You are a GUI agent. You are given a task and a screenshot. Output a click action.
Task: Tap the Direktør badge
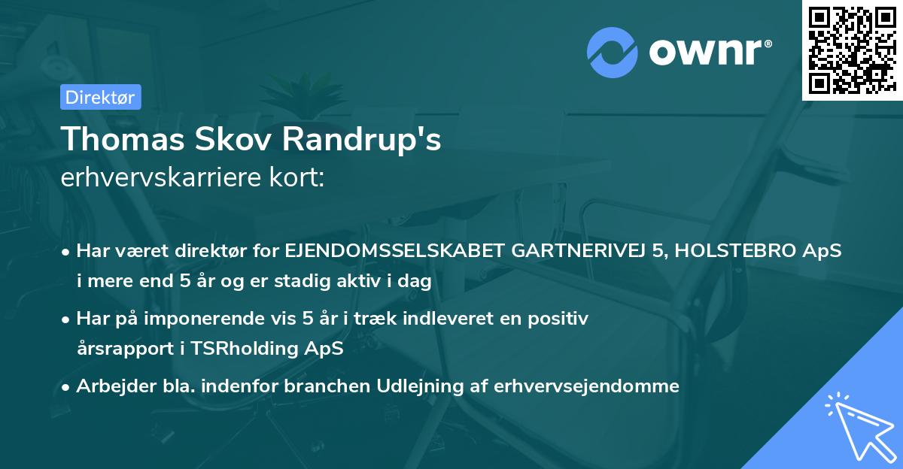[x=99, y=97]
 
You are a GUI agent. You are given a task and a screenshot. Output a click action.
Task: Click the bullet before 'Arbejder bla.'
[x=66, y=386]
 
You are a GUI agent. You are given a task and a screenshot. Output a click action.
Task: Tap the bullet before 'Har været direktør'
[x=66, y=253]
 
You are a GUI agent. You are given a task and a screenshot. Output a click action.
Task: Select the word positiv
[x=561, y=319]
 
